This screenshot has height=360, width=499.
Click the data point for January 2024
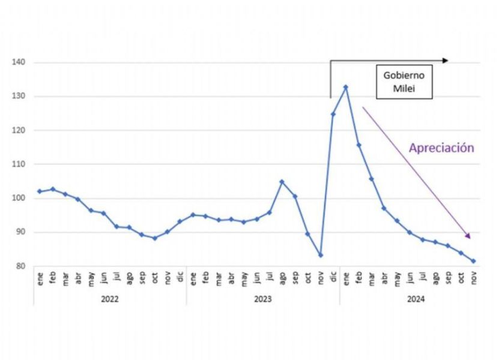click(x=346, y=87)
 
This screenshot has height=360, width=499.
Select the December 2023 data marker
click(x=333, y=114)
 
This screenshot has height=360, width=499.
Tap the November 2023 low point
click(x=321, y=255)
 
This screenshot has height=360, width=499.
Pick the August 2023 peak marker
click(x=282, y=182)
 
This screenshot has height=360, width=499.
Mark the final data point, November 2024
click(x=473, y=261)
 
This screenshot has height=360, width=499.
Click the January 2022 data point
click(x=40, y=191)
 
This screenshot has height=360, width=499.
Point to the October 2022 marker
click(x=154, y=238)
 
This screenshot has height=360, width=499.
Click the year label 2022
click(x=109, y=298)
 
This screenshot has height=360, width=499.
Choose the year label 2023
click(x=262, y=298)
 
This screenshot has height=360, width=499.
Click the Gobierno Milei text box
click(x=404, y=82)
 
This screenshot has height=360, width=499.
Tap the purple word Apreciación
click(x=441, y=148)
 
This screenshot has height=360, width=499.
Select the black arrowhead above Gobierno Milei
click(x=445, y=61)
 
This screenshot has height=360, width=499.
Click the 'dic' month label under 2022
click(x=180, y=278)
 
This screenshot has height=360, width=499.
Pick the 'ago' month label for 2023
click(x=282, y=278)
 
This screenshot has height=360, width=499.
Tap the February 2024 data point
click(x=359, y=145)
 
